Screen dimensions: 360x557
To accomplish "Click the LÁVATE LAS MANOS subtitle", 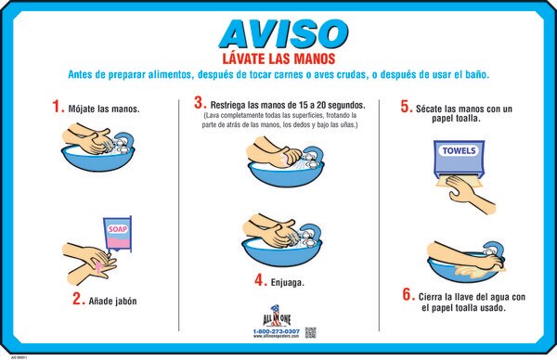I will click(x=279, y=58).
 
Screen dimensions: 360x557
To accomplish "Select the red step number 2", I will click(x=79, y=299).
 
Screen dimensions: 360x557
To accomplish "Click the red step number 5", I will click(x=406, y=106).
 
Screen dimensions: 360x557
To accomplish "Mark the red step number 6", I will click(x=408, y=295).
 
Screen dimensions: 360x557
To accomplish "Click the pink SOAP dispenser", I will click(x=118, y=233).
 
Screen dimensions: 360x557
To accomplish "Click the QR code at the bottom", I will click(x=310, y=331).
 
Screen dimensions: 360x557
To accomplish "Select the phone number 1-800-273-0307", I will click(x=276, y=331).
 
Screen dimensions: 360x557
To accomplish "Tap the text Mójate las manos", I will click(x=103, y=109).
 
